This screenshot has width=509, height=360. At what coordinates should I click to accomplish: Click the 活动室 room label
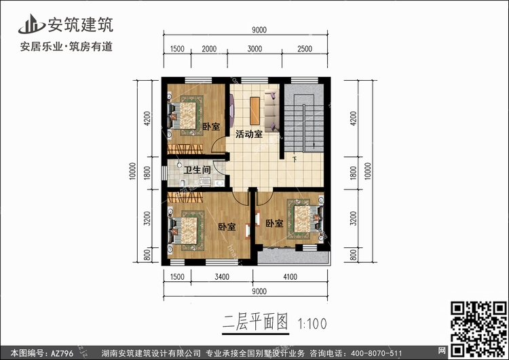pos(249,134)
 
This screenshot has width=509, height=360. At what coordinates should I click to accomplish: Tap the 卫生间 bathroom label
pos(197,170)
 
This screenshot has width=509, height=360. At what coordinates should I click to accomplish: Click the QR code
pos(479,328)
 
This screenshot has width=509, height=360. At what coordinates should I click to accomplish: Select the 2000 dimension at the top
pos(209,49)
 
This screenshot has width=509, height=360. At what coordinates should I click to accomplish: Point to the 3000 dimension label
pos(254,49)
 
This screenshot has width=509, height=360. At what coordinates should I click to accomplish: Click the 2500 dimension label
pos(305,49)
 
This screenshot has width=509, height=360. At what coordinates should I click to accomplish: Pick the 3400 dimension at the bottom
pos(222,277)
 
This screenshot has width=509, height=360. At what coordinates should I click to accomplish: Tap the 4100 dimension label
pos(290,277)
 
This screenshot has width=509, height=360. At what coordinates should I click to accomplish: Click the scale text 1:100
pos(312,323)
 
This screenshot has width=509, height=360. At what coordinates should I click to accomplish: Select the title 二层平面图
pos(255,322)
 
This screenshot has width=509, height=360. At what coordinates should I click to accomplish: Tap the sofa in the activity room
pos(271,111)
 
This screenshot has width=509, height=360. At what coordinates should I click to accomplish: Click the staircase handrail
pos(304,128)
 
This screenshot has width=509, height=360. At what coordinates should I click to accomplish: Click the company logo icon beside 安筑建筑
pos(31,24)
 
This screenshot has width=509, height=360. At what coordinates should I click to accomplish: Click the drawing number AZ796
pos(62,353)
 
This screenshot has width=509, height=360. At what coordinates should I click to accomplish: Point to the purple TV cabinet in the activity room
pos(233,111)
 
